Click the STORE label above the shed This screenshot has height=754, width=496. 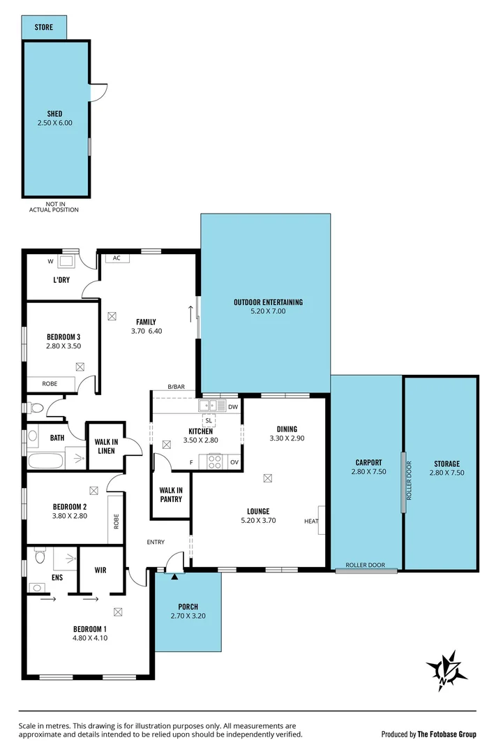pyautogui.click(x=44, y=27)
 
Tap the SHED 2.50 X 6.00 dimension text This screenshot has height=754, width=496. pyautogui.click(x=55, y=123)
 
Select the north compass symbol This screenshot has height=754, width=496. pyautogui.click(x=446, y=670)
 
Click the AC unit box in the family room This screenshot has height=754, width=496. pyautogui.click(x=117, y=258)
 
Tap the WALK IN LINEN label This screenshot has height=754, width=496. pyautogui.click(x=105, y=445)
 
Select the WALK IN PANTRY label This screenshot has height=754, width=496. pyautogui.click(x=170, y=494)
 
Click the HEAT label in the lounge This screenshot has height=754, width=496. pyautogui.click(x=310, y=521)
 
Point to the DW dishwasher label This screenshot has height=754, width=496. pyautogui.click(x=233, y=406)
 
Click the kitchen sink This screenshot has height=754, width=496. pyautogui.click(x=206, y=405)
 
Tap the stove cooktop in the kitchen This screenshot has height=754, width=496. pyautogui.click(x=214, y=461)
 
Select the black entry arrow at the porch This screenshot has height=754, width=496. pyautogui.click(x=174, y=576)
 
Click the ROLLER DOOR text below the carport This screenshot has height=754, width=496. pyautogui.click(x=366, y=565)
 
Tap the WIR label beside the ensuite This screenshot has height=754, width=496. pyautogui.click(x=100, y=570)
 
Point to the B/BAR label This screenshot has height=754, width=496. pyautogui.click(x=176, y=387)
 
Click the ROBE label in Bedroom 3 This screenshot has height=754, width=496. pyautogui.click(x=50, y=383)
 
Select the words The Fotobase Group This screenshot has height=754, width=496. pyautogui.click(x=447, y=734)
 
